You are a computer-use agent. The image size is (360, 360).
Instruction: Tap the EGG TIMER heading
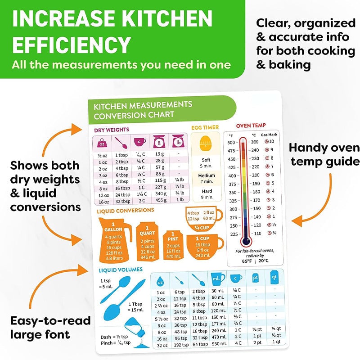[205, 127]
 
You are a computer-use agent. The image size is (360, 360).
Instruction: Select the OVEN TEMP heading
[251, 125]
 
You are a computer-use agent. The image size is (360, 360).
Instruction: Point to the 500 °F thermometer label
[233, 142]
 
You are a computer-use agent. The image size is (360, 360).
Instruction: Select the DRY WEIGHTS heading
[111, 130]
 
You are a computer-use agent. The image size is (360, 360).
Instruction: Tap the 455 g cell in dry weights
[160, 199]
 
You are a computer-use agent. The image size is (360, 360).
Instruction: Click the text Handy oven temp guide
[324, 154]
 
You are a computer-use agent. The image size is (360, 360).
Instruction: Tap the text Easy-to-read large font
[51, 327]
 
